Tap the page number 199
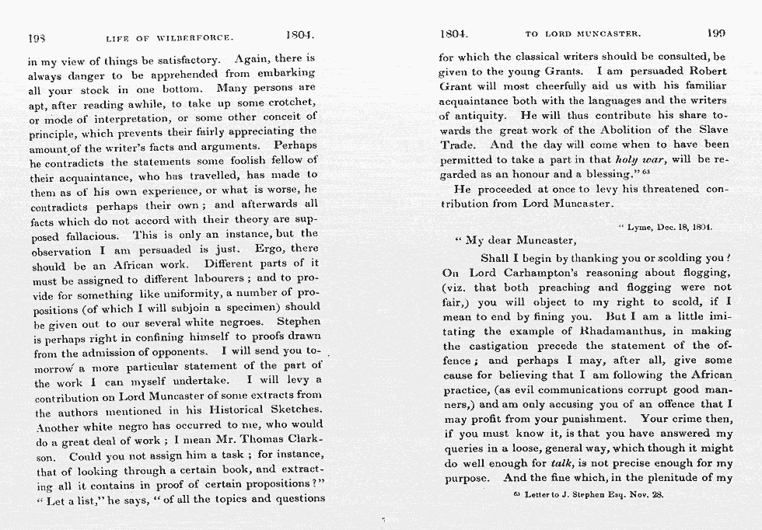tap(716, 33)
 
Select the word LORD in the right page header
tap(574, 34)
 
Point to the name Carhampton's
tap(552, 274)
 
